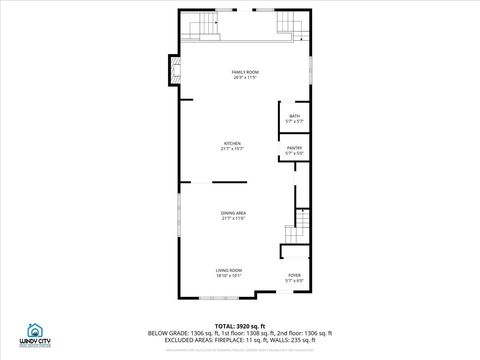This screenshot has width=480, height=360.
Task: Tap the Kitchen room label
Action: click(232, 143)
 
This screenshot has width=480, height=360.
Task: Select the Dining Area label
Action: click(234, 213)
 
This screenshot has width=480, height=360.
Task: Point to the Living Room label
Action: click(229, 270)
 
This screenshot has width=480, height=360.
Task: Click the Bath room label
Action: click(294, 116)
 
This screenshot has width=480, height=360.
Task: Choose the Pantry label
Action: click(294, 148)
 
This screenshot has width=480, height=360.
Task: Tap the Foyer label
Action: click(294, 274)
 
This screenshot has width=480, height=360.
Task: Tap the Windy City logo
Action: click(34, 337)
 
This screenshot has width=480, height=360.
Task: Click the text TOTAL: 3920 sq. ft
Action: click(239, 326)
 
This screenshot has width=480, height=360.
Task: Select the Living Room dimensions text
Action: click(229, 275)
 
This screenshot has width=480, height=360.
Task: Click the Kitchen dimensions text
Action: click(232, 148)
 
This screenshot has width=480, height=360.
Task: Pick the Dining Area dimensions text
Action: click(234, 218)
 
